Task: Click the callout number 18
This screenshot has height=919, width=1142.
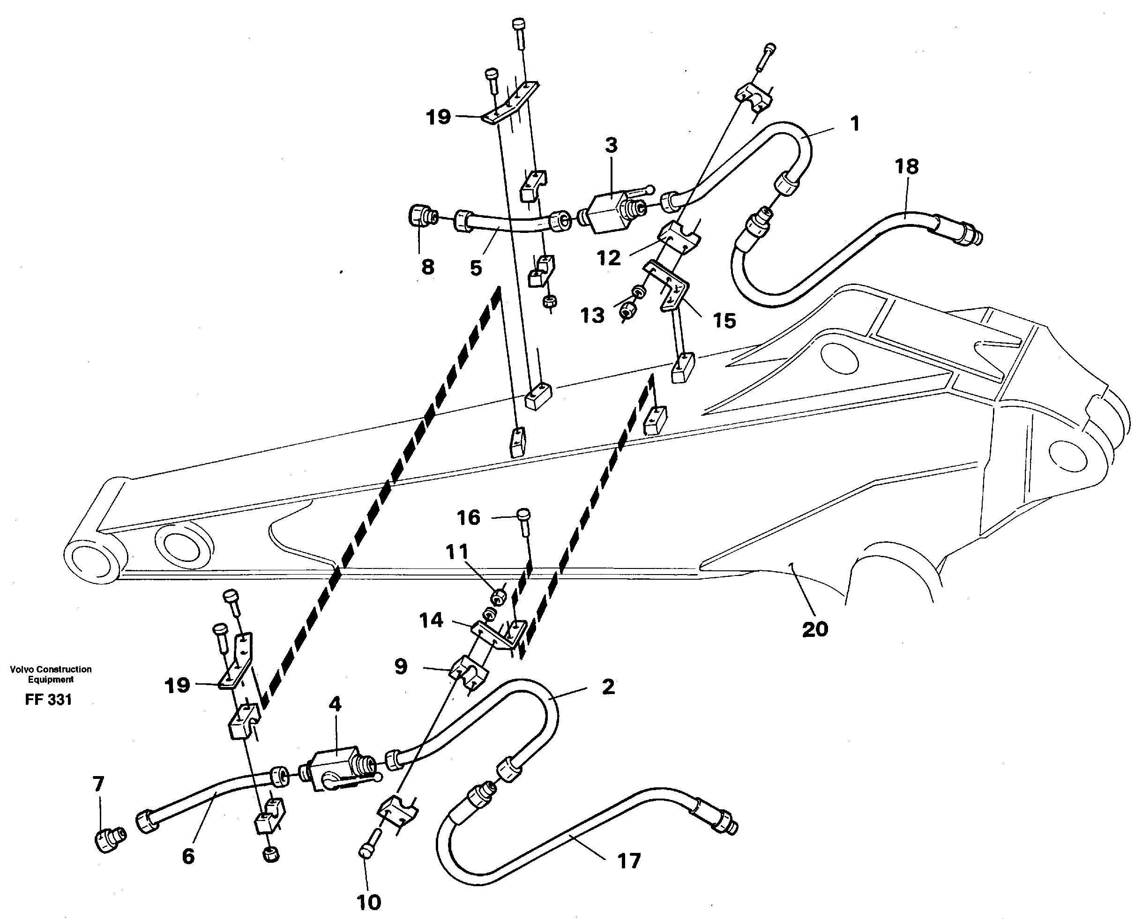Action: click(x=906, y=166)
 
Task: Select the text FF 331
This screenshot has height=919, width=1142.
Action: click(x=48, y=700)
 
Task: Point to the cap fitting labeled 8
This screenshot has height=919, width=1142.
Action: click(x=420, y=216)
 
